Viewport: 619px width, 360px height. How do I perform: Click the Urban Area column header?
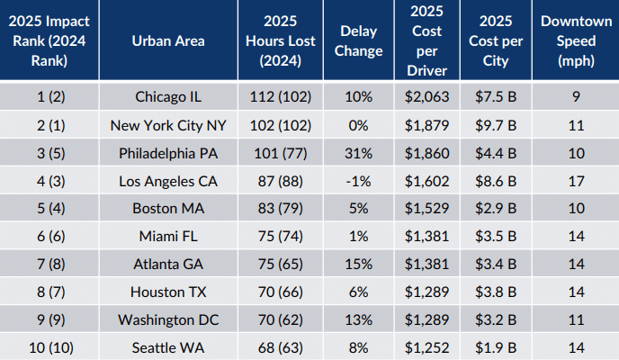[x=167, y=40]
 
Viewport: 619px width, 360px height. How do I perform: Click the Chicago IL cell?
[x=167, y=97]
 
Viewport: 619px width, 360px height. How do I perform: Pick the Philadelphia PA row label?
[x=167, y=153]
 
